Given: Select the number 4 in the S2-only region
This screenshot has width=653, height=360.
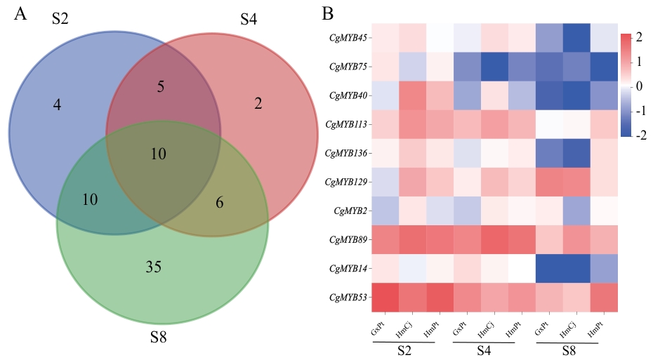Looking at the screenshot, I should tap(57, 105).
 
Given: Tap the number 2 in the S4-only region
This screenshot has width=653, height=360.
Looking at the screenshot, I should tap(258, 104).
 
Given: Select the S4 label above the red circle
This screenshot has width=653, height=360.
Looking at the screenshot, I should tap(249, 19).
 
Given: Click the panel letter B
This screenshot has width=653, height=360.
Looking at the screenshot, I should tap(327, 13).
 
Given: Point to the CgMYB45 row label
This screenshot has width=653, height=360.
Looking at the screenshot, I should tap(349, 38).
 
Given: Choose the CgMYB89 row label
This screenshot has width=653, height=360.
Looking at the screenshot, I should tap(349, 240).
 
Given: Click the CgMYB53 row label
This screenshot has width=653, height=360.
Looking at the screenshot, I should tap(349, 298).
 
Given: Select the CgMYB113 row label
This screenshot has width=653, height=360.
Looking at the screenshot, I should tap(348, 124).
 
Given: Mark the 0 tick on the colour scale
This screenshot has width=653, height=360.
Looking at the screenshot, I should tap(639, 87).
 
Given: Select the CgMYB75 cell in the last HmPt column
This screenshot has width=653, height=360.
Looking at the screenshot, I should tap(604, 67).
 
